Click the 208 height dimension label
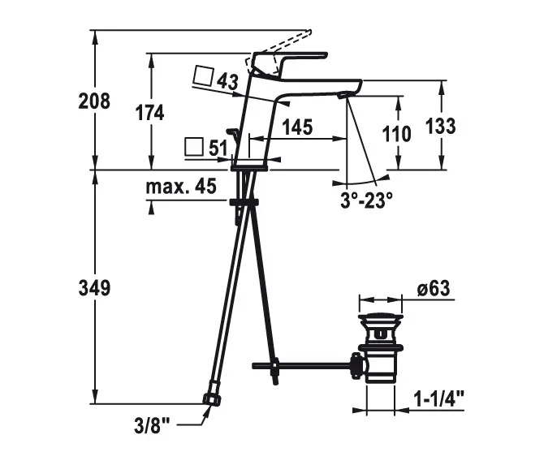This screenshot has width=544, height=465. click(x=94, y=101)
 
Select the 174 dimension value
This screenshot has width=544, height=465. click(x=149, y=113)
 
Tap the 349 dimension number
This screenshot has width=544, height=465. click(x=94, y=288)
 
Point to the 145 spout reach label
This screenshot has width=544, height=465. click(x=297, y=127)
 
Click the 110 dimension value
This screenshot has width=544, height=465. click(x=396, y=134)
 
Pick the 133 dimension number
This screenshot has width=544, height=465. click(x=440, y=126)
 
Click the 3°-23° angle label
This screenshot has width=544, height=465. click(x=366, y=200)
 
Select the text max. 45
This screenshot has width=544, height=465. click(x=181, y=186)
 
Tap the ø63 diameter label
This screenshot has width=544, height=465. click(x=434, y=289)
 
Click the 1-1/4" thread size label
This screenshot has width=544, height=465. click(x=439, y=398)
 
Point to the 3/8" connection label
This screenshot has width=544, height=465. click(x=153, y=425)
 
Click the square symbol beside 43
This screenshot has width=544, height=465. click(x=203, y=75)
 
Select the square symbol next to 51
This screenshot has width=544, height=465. click(x=194, y=147)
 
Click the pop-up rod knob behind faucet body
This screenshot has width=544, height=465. click(x=232, y=131)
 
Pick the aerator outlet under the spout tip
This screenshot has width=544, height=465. click(x=343, y=95)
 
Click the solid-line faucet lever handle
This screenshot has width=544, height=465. click(x=291, y=63)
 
